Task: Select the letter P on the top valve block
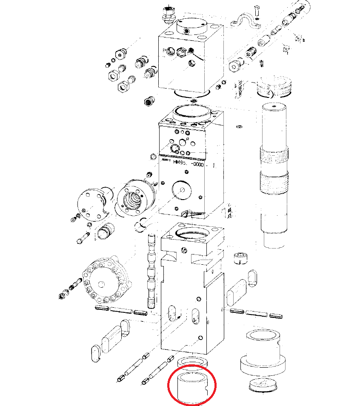coord(164,51)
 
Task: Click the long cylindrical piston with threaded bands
coord(274,170)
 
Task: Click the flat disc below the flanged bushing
coord(263,384)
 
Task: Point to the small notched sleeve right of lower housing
coord(241,258)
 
